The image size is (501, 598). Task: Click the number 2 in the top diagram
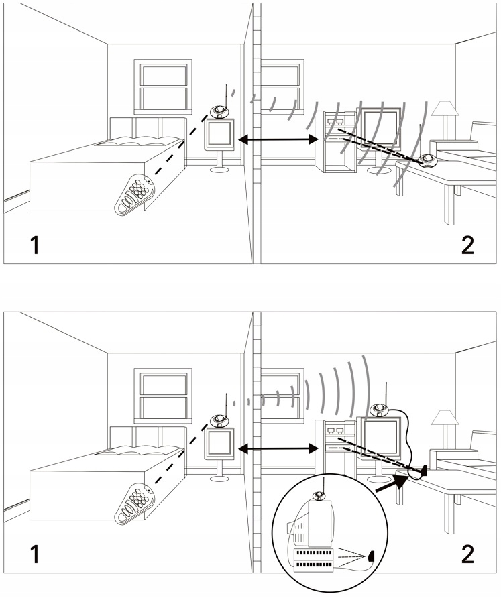point(467,245)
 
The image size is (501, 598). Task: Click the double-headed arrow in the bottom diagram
point(278,448)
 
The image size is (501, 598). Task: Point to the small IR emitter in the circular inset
point(370,556)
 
